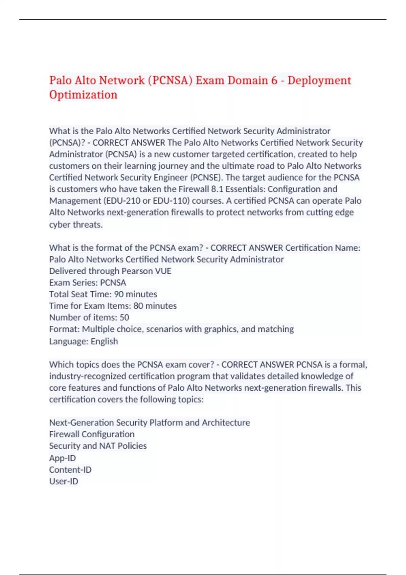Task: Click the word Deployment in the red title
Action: (319, 80)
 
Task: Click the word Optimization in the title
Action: (83, 95)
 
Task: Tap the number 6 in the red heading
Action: (274, 80)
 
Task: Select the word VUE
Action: (163, 271)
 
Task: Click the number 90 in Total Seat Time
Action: (118, 294)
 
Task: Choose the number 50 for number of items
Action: (124, 318)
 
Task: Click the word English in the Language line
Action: (104, 341)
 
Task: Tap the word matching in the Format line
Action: (276, 329)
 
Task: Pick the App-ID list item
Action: (63, 458)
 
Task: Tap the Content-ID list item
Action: (70, 470)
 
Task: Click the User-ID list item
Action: (64, 481)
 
